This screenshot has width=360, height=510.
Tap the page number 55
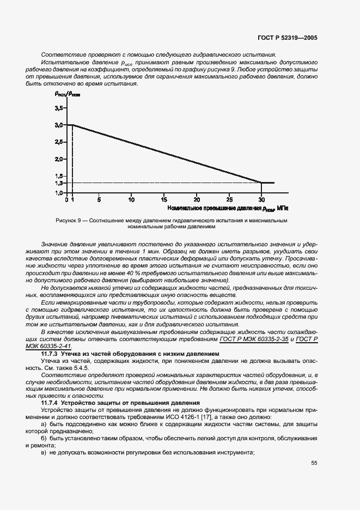[x=314, y=463]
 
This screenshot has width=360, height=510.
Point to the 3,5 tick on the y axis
[x=59, y=108]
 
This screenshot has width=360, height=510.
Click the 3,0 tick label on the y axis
[x=59, y=125]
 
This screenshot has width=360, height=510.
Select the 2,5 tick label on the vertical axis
[x=59, y=142]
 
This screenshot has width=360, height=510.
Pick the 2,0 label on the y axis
[x=59, y=159]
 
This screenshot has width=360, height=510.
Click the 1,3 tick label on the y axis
[x=59, y=183]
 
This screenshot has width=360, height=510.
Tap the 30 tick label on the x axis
[x=261, y=200]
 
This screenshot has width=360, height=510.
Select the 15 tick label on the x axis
[x=164, y=200]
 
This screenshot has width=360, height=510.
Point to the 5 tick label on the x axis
[x=99, y=200]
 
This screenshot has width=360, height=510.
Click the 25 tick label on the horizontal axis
[x=229, y=200]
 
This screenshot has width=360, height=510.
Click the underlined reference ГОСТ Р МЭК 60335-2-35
[x=254, y=339]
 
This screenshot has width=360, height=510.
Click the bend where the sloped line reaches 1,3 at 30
[x=261, y=183]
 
